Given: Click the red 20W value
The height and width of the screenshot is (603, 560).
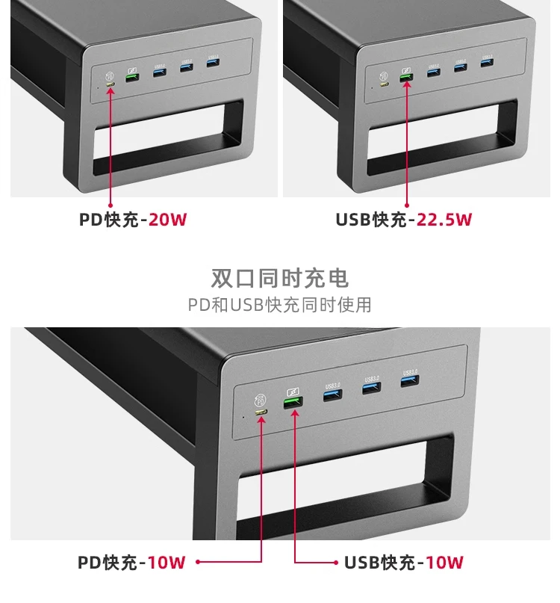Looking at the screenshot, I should pyautogui.click(x=168, y=220).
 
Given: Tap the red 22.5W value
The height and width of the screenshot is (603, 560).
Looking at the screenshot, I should pyautogui.click(x=445, y=220).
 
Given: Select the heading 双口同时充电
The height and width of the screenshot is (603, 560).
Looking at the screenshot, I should pyautogui.click(x=280, y=279).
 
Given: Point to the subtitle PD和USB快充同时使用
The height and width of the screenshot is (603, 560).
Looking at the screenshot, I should pyautogui.click(x=280, y=305).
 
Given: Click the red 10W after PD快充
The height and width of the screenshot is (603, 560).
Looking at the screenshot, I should pyautogui.click(x=167, y=563).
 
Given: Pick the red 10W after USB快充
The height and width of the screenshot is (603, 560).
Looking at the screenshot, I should pyautogui.click(x=445, y=563).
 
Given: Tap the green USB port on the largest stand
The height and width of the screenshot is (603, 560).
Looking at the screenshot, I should pyautogui.click(x=293, y=403).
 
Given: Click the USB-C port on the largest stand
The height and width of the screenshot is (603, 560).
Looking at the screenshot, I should pyautogui.click(x=261, y=412).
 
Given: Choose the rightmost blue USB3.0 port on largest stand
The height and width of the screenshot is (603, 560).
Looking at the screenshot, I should pyautogui.click(x=410, y=384).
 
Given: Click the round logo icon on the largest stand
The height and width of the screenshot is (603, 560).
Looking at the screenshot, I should pyautogui.click(x=261, y=398).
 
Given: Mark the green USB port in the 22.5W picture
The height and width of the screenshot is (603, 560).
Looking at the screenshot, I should pyautogui.click(x=406, y=75).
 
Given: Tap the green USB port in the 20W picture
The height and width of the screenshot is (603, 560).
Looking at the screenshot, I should pyautogui.click(x=131, y=75).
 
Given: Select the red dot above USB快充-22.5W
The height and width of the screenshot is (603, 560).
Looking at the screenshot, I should pyautogui.click(x=407, y=204).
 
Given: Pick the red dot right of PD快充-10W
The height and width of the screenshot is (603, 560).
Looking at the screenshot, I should pyautogui.click(x=199, y=563).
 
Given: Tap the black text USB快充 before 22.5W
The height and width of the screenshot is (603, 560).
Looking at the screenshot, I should pyautogui.click(x=372, y=220).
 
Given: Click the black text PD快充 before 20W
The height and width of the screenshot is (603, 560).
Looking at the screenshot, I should pyautogui.click(x=111, y=220).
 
